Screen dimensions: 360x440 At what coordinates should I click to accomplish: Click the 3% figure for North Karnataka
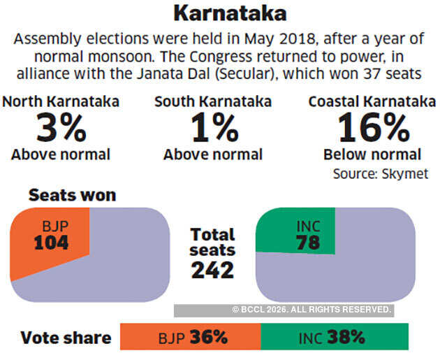pyautogui.click(x=61, y=127)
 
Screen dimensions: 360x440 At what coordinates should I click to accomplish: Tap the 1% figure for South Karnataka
pyautogui.click(x=212, y=127)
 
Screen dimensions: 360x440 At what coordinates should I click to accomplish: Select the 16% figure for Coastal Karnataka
pyautogui.click(x=373, y=127)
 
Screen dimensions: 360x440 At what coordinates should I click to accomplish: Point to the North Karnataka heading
pyautogui.click(x=61, y=102)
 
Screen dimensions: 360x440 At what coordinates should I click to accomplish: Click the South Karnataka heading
pyautogui.click(x=212, y=102)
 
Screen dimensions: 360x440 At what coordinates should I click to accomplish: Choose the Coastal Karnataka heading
pyautogui.click(x=372, y=102)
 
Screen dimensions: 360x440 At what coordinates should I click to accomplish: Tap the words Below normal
pyautogui.click(x=372, y=154)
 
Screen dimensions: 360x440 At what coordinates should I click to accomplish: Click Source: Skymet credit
pyautogui.click(x=390, y=173)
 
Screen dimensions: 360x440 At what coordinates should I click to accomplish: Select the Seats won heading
pyautogui.click(x=72, y=196)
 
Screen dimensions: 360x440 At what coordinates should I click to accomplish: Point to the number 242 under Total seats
pyautogui.click(x=212, y=270)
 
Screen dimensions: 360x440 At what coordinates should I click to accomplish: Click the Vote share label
pyautogui.click(x=66, y=338)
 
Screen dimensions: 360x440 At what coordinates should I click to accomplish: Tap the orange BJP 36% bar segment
pyautogui.click(x=190, y=337)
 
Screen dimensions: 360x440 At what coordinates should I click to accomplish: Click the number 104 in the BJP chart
pyautogui.click(x=51, y=244)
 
